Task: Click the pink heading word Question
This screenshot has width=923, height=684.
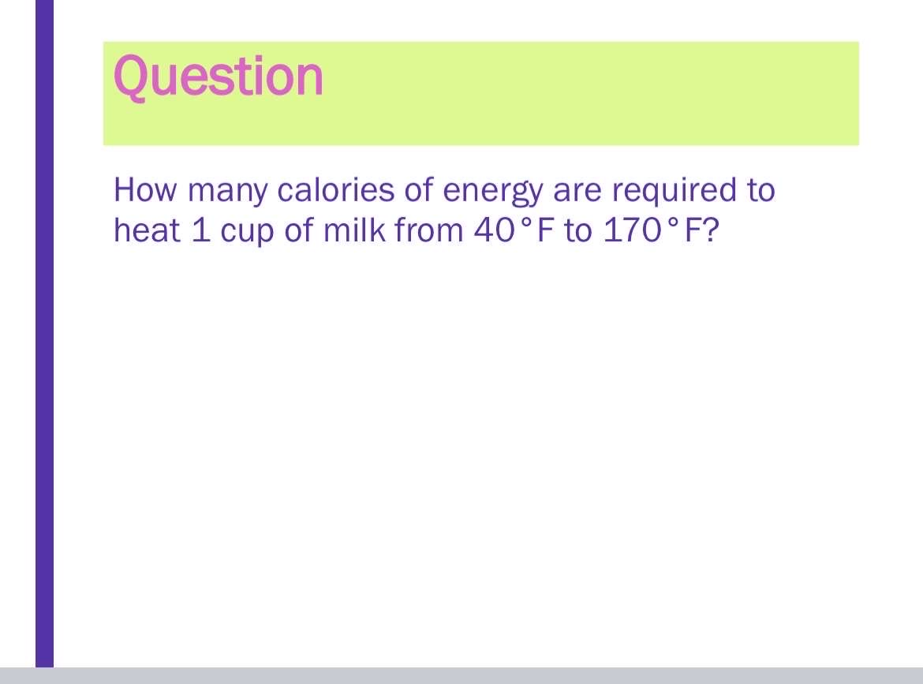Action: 219,77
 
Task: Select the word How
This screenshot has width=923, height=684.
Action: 145,190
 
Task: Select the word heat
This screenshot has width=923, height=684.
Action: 147,230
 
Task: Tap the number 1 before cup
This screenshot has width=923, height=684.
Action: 200,230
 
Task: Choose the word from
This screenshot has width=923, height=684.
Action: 428,230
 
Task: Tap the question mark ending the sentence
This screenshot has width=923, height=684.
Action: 712,230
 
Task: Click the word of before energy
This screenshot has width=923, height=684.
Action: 419,190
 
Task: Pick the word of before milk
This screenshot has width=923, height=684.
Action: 299,230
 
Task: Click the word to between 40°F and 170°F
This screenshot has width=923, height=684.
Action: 578,231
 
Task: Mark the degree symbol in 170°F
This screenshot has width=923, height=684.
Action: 673,223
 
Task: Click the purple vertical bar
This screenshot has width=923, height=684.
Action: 45,333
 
